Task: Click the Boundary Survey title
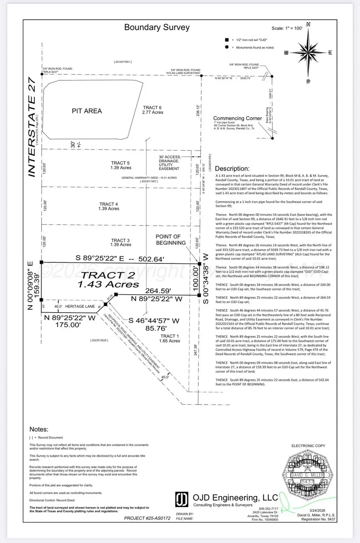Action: [157, 27]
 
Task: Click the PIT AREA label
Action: [87, 111]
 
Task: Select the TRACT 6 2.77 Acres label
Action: [152, 110]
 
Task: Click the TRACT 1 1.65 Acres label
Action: [170, 339]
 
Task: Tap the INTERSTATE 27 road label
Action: [32, 127]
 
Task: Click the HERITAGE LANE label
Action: [80, 306]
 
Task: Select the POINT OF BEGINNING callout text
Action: [170, 240]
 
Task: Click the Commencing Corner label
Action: [238, 118]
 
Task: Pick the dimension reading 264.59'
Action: [158, 291]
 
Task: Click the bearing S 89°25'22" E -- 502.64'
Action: [120, 259]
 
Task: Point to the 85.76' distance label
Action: [156, 328]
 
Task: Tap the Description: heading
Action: [232, 169]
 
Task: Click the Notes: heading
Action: [39, 429]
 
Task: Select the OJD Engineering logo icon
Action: [182, 499]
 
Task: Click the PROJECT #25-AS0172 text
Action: [147, 518]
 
